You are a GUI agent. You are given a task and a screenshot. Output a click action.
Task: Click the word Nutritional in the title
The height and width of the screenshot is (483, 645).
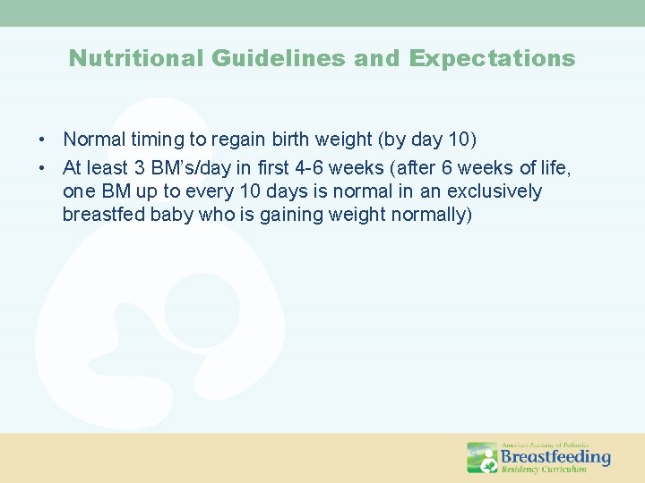point(137,59)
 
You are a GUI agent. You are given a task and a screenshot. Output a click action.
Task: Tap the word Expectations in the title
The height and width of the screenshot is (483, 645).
point(492,59)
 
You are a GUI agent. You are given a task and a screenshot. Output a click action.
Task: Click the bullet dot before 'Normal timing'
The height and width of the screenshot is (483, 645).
point(42,140)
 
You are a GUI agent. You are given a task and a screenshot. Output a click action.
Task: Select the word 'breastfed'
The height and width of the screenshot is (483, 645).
point(101,215)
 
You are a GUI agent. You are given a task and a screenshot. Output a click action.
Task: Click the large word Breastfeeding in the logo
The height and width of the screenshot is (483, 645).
point(555,456)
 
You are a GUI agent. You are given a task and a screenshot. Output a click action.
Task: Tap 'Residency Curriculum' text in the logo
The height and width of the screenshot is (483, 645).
point(543,469)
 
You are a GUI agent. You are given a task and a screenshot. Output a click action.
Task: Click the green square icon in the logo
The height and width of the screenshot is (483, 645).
point(482,457)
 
